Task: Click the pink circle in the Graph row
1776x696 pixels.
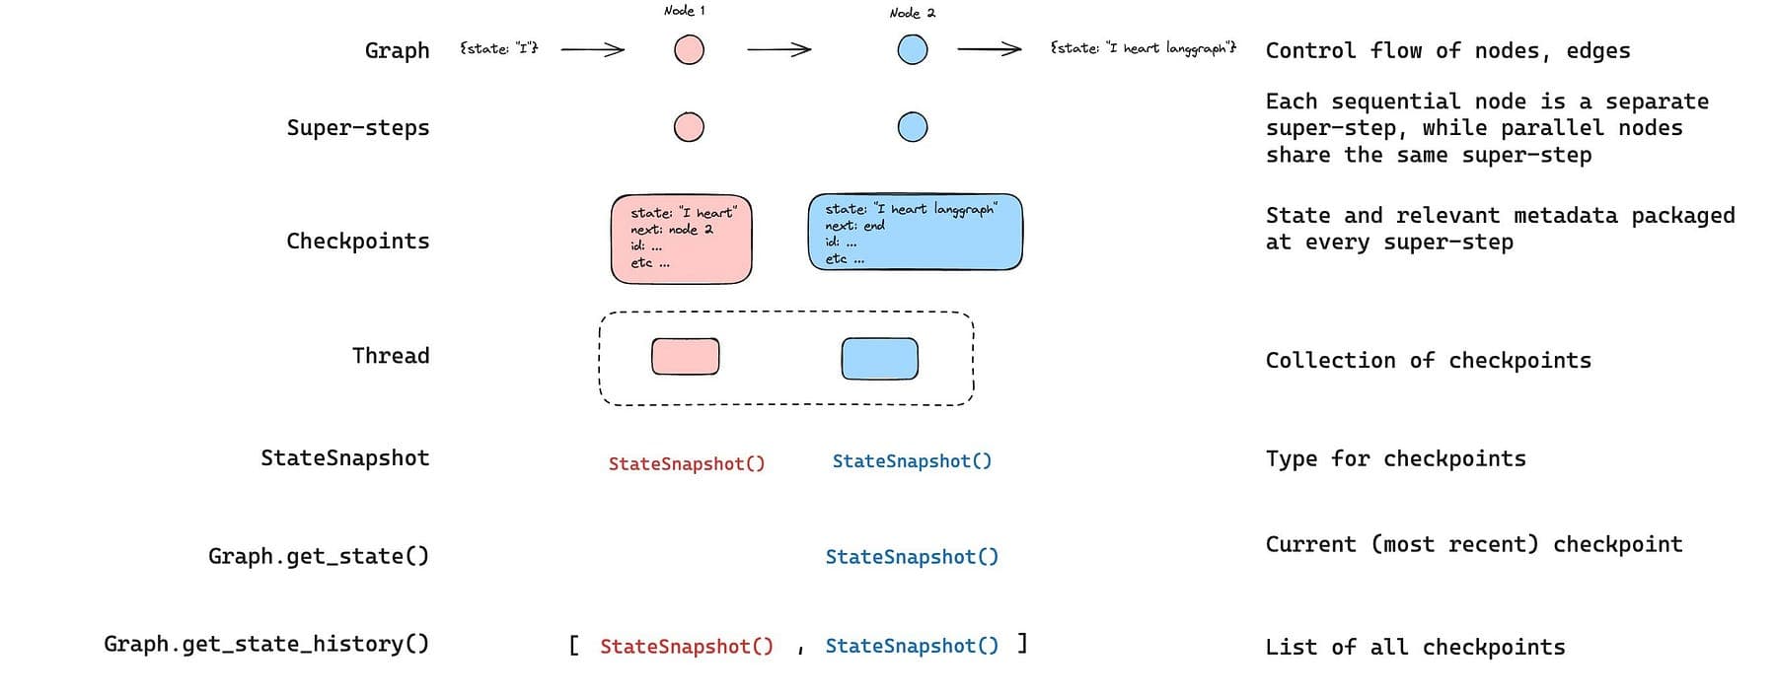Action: pos(689,49)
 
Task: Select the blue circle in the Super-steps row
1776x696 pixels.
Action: pos(913,127)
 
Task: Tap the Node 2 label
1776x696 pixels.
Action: pos(912,13)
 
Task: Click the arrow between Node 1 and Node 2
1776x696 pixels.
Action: pos(778,48)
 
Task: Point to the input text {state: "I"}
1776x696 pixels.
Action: pos(499,47)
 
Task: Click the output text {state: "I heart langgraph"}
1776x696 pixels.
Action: pos(1143,47)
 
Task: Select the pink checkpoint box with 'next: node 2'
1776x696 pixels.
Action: pos(681,240)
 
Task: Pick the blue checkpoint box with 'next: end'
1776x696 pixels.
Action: pos(915,232)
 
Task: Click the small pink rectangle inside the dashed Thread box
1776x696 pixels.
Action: pos(686,356)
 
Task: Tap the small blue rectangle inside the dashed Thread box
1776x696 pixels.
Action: pos(879,358)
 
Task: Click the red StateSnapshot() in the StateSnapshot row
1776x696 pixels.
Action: pos(687,463)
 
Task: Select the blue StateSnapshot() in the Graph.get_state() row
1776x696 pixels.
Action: pos(912,557)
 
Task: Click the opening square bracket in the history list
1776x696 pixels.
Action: pos(573,646)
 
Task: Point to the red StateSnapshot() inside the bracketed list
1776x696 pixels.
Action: pos(687,647)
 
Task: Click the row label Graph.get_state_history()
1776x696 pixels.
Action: pos(266,644)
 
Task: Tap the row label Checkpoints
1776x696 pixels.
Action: pos(357,242)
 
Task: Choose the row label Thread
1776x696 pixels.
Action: pos(391,355)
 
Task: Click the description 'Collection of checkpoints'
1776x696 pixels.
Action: pos(1428,361)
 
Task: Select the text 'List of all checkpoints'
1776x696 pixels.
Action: pos(1415,648)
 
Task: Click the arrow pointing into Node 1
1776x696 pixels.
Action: pos(592,48)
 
